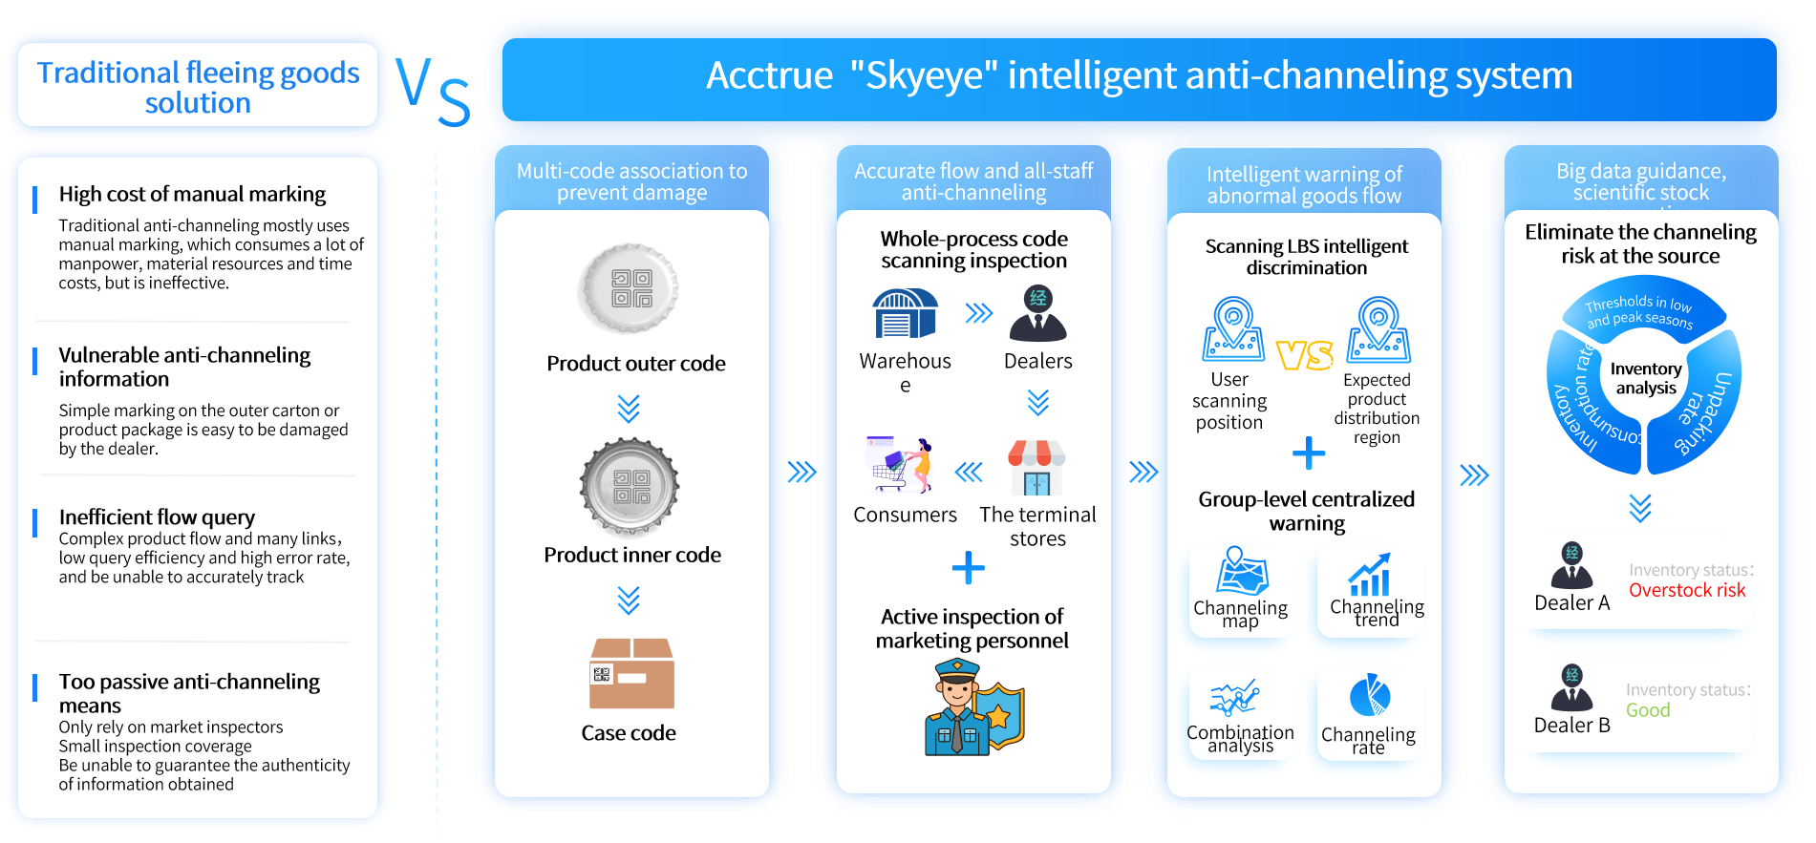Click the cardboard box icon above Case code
(x=631, y=673)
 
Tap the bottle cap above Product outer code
(x=629, y=287)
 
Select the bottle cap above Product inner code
(x=630, y=487)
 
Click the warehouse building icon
(x=905, y=314)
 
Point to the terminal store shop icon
(x=1036, y=467)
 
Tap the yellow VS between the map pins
(x=1304, y=355)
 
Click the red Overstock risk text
(x=1686, y=590)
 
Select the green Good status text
(x=1648, y=710)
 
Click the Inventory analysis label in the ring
(x=1645, y=378)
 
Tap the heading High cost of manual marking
(x=192, y=194)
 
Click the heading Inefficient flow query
(x=157, y=516)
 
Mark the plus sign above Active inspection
(x=968, y=568)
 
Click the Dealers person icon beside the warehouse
(x=1037, y=313)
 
